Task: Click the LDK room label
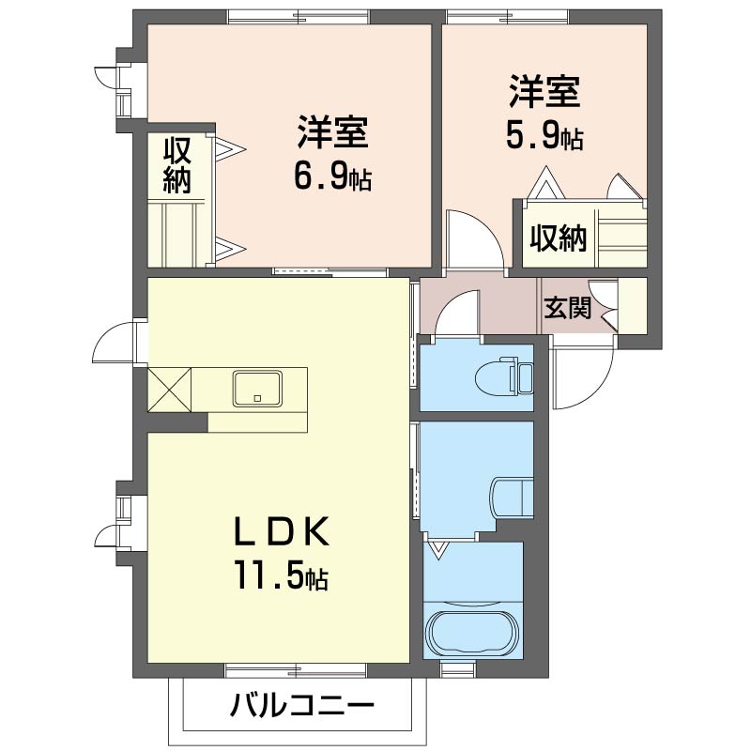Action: [281, 531]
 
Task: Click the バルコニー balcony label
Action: [301, 705]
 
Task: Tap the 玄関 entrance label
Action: [568, 307]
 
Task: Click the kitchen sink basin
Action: [257, 389]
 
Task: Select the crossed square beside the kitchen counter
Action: [170, 390]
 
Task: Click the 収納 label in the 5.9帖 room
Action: [559, 238]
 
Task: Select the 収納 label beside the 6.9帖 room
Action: [177, 166]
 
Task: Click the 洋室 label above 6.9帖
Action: [332, 130]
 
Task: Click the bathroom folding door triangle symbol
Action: [437, 549]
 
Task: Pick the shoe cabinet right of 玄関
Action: [633, 306]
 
